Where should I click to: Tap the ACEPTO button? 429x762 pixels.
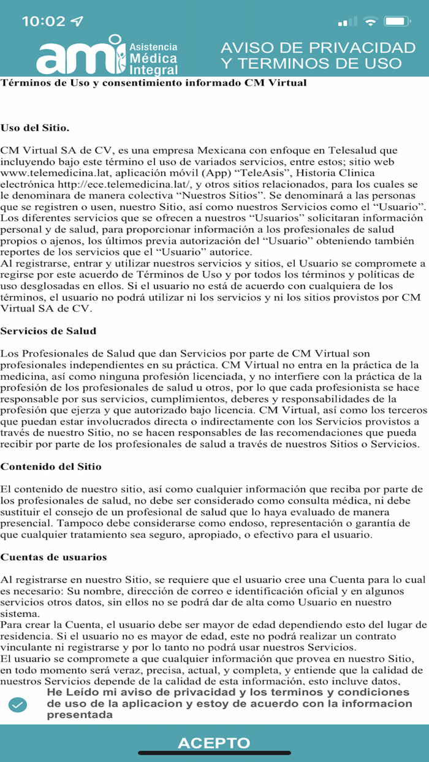pos(214,743)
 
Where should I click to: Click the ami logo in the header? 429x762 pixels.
pos(107,56)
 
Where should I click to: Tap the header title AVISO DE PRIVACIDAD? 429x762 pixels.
pos(317,48)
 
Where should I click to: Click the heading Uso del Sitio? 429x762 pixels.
pos(35,128)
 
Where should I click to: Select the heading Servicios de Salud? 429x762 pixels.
pos(48,331)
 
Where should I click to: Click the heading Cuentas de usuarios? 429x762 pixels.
pos(54,557)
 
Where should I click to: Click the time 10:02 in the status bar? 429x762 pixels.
pos(43,21)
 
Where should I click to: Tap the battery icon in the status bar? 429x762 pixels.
pos(397,21)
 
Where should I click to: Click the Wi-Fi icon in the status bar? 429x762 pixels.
pos(370,21)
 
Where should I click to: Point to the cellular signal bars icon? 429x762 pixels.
pos(347,22)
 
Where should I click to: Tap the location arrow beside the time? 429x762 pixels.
pos(77,21)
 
